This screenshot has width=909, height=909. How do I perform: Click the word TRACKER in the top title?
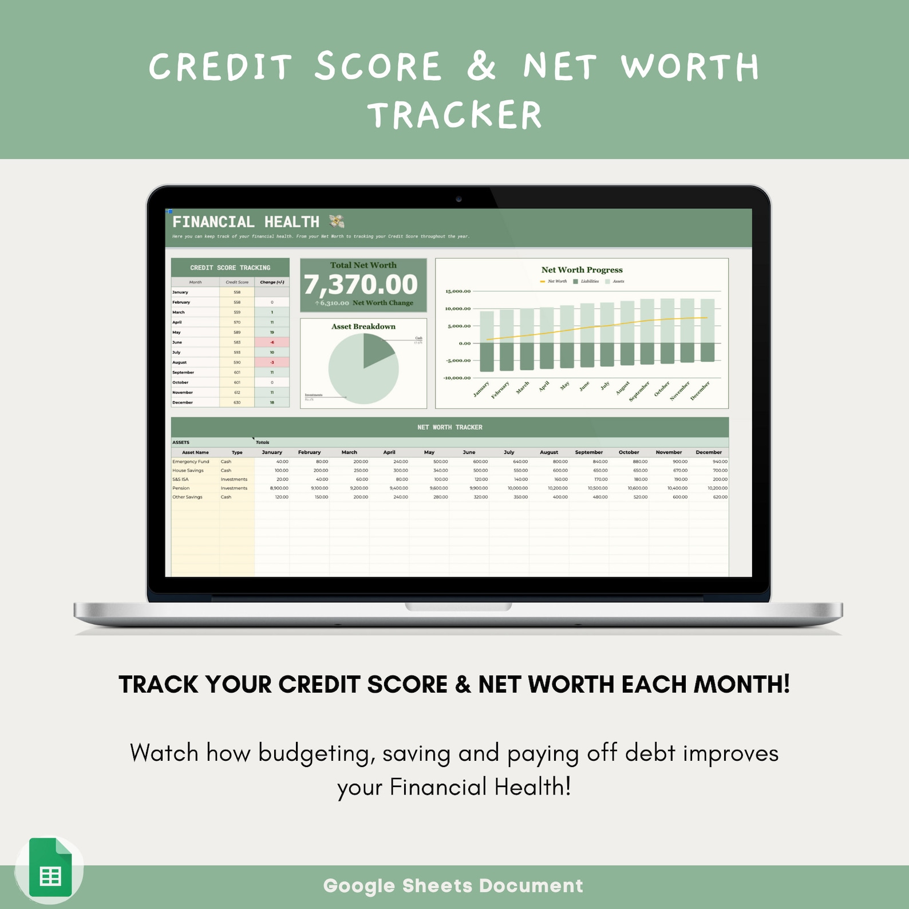(x=454, y=115)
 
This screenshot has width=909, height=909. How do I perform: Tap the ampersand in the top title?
(x=481, y=66)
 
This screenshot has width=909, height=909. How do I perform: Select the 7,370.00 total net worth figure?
(x=361, y=284)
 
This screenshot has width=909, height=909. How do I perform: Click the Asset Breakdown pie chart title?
(x=363, y=326)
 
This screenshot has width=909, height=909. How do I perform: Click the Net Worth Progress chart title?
(x=582, y=270)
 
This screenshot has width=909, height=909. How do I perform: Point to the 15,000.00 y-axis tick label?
(x=458, y=291)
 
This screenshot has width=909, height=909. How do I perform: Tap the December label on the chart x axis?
(x=700, y=390)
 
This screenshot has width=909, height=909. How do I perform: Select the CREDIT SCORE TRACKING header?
(x=230, y=267)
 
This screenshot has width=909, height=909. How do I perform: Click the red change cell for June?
(x=272, y=342)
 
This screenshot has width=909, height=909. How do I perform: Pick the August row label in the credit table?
(x=180, y=362)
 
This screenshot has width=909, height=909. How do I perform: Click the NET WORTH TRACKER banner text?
(x=449, y=427)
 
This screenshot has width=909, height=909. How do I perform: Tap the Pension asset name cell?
(x=181, y=488)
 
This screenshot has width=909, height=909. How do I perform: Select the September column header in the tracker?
(x=588, y=452)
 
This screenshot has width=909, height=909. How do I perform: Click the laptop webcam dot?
(x=459, y=199)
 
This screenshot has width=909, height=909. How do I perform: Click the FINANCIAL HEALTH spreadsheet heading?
(x=246, y=222)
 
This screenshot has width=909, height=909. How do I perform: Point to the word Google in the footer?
(x=359, y=886)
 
